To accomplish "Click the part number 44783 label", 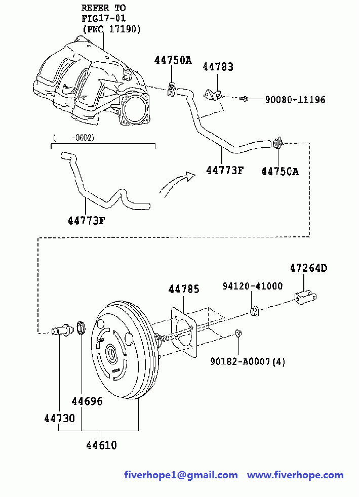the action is click(x=218, y=67).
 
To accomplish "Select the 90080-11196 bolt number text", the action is click(x=295, y=100).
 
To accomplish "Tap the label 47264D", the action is click(x=309, y=268).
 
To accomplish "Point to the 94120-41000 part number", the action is click(x=253, y=286).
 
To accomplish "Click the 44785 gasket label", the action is click(x=184, y=289).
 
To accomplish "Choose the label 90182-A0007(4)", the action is click(x=248, y=361).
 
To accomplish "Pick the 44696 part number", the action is click(x=87, y=401).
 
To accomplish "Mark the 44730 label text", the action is click(x=60, y=419).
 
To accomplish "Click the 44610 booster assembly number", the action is click(x=101, y=445).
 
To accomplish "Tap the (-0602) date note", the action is click(x=73, y=138).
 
